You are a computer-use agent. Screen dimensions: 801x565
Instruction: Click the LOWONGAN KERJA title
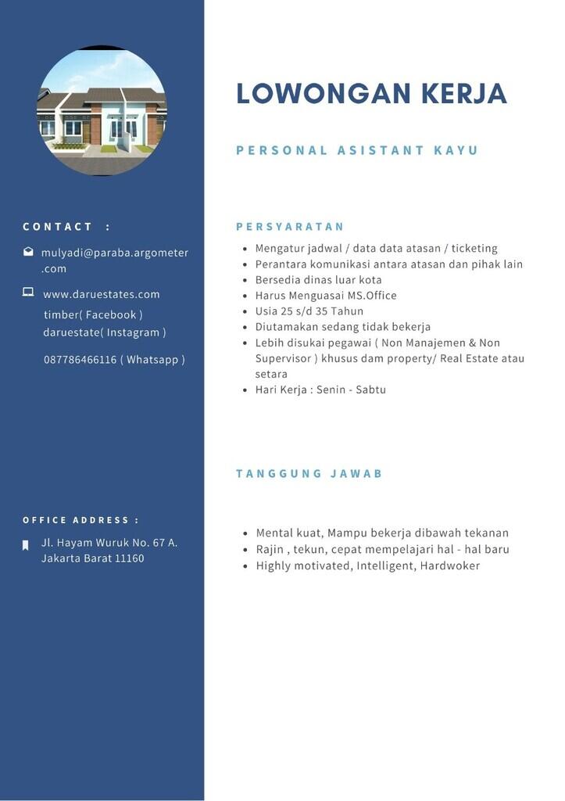[x=371, y=93]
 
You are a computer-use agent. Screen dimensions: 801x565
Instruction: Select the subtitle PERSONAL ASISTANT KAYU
[x=356, y=150]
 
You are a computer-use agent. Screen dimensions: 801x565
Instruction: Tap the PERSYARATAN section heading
[x=290, y=227]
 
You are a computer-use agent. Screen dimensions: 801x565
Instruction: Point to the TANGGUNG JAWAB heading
[x=309, y=474]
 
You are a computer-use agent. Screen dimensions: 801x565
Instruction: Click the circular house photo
[x=102, y=110]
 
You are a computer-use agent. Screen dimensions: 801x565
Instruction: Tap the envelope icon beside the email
[x=28, y=252]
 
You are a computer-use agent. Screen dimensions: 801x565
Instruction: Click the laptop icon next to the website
[x=28, y=293]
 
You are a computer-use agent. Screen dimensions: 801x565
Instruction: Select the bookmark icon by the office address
[x=26, y=544]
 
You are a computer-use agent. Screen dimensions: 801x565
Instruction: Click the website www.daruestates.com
[x=102, y=294]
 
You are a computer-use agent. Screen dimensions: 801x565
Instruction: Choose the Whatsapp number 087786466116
[x=80, y=360]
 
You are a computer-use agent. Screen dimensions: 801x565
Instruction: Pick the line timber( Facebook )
[x=93, y=314]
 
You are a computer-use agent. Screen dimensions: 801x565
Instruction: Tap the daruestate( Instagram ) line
[x=105, y=332]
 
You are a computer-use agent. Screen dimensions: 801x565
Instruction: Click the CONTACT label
[x=58, y=227]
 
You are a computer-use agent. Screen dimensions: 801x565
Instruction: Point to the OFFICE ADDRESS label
[x=80, y=520]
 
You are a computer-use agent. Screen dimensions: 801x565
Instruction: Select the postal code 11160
[x=129, y=559]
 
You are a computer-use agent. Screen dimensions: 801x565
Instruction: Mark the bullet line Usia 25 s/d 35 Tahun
[x=309, y=311]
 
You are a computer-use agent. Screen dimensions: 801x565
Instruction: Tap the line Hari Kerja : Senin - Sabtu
[x=320, y=390]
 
